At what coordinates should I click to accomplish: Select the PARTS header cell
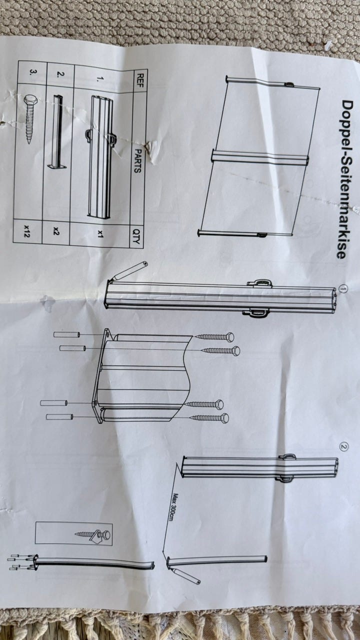coord(137,160)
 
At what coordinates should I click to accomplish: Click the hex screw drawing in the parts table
coord(30,118)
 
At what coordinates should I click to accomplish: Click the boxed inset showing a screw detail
coord(73,534)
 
